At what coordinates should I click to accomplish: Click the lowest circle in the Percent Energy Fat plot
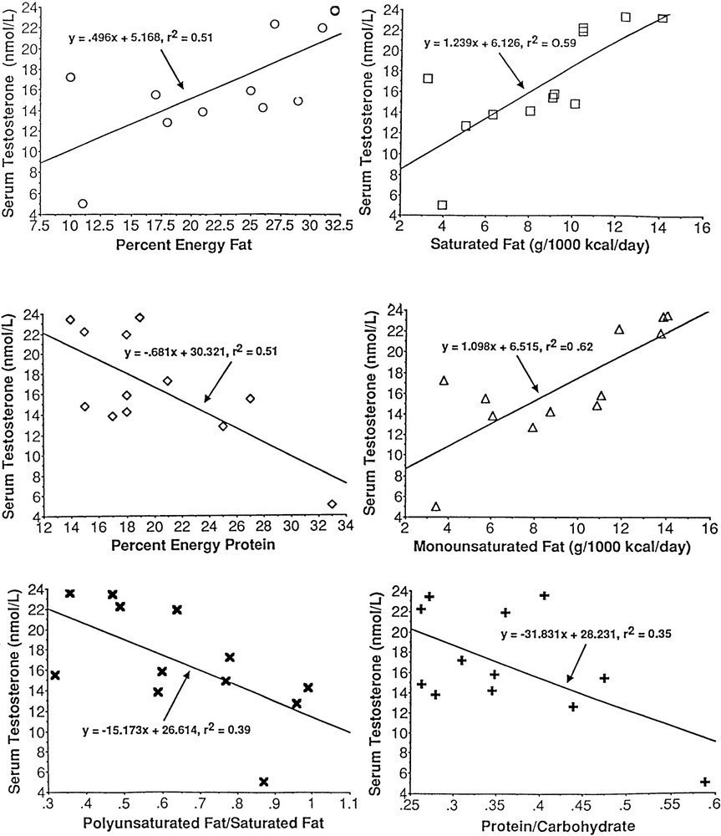coord(83,204)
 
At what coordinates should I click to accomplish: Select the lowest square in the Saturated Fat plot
coord(442,205)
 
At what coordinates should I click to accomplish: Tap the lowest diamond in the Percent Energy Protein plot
coord(332,504)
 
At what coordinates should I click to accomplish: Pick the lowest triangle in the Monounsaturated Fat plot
coord(435,507)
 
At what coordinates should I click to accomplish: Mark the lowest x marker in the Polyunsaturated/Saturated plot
coord(264,782)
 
